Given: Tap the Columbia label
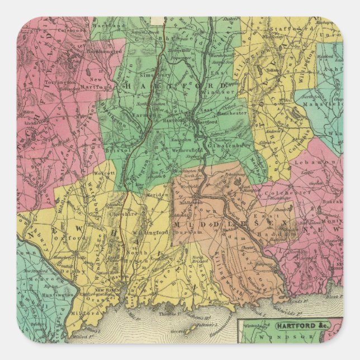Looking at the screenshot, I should coord(300,138).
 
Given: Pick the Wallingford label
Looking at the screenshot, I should coord(148,231).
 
